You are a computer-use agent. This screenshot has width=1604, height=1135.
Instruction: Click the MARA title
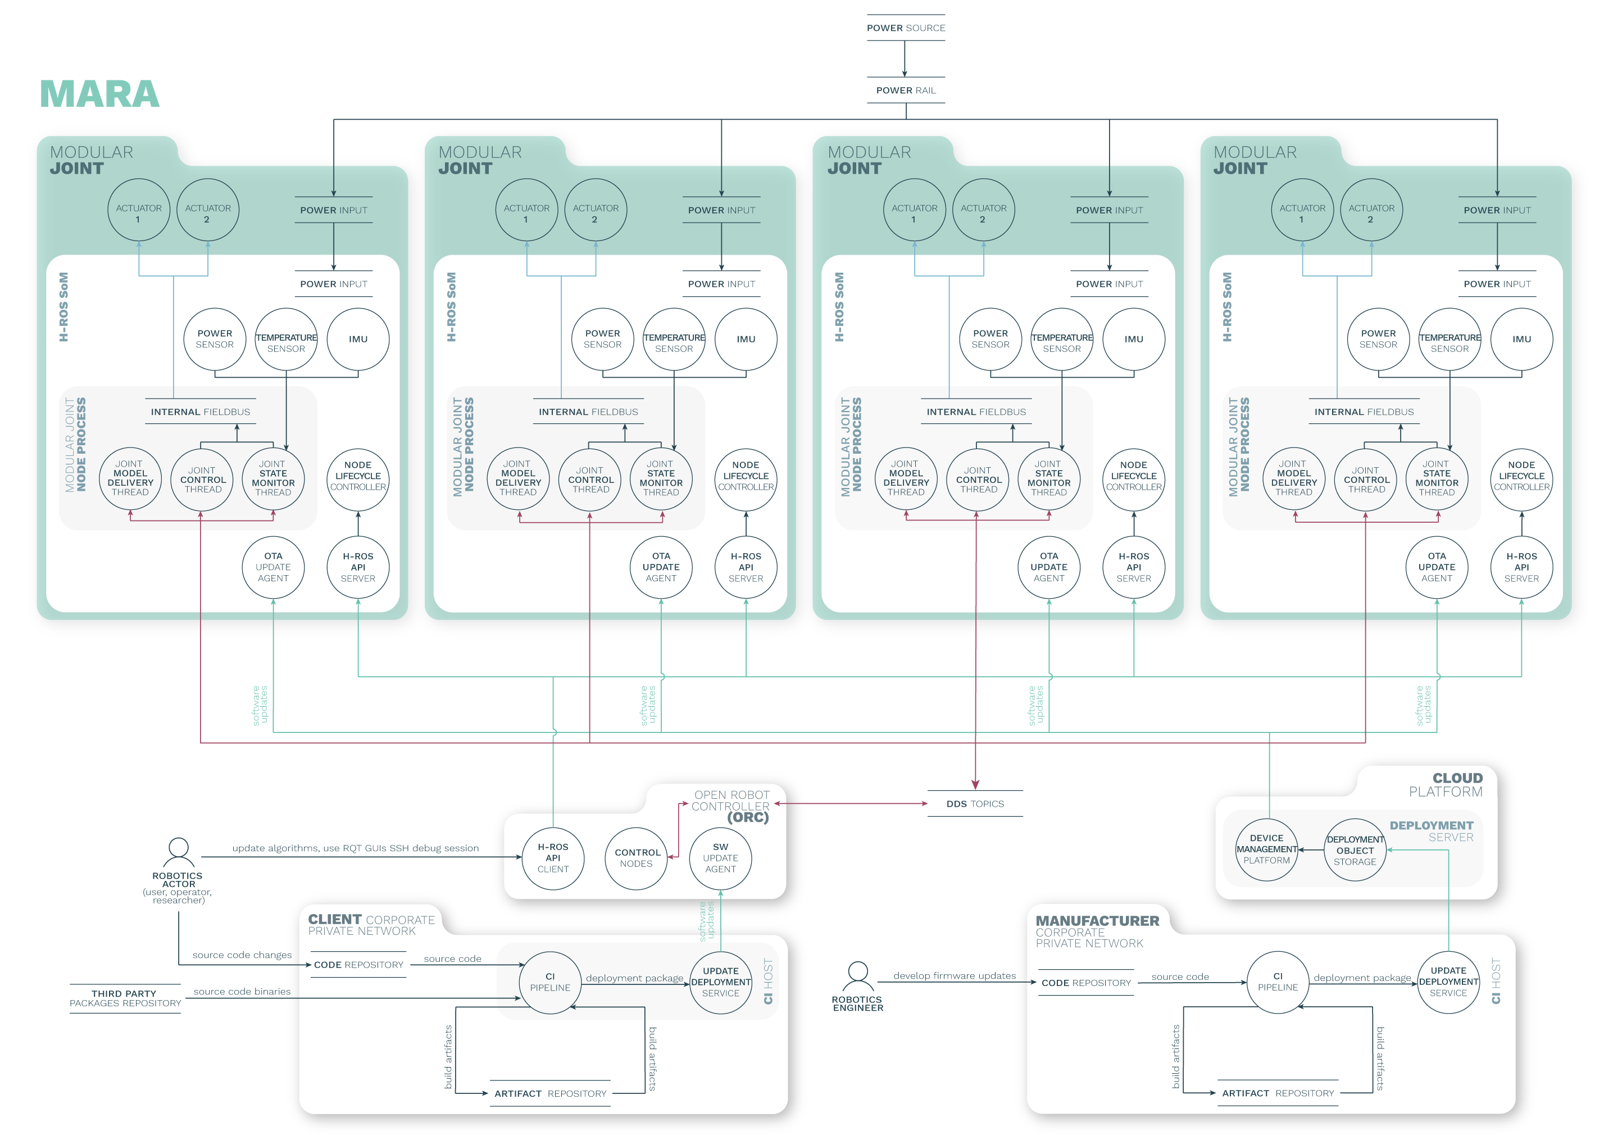pos(99,94)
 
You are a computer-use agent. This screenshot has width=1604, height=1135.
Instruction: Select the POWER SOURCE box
pos(906,28)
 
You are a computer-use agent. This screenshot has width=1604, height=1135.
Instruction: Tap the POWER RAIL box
pos(906,90)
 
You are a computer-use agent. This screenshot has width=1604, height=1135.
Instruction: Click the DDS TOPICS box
pos(975,804)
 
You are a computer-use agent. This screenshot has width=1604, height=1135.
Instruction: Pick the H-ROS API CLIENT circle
pos(553,857)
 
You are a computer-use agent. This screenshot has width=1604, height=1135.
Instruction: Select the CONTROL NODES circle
pos(637,857)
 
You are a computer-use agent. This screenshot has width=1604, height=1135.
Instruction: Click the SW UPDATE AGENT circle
pos(720,857)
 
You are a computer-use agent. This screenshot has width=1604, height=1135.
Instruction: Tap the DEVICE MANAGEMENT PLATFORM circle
pos(1266,849)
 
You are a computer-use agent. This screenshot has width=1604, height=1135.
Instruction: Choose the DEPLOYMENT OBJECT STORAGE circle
pos(1355,850)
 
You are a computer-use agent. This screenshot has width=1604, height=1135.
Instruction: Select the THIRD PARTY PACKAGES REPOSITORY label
pos(125,998)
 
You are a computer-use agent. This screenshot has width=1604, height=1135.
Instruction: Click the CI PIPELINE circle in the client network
pos(550,982)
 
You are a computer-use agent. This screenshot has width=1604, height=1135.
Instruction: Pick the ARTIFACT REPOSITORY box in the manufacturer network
pos(1278,1093)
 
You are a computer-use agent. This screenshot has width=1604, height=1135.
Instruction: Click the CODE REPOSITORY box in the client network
pos(358,965)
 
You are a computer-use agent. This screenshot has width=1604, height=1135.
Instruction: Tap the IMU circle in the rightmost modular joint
pos(1521,339)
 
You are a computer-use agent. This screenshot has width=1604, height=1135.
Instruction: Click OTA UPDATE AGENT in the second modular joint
pos(661,567)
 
